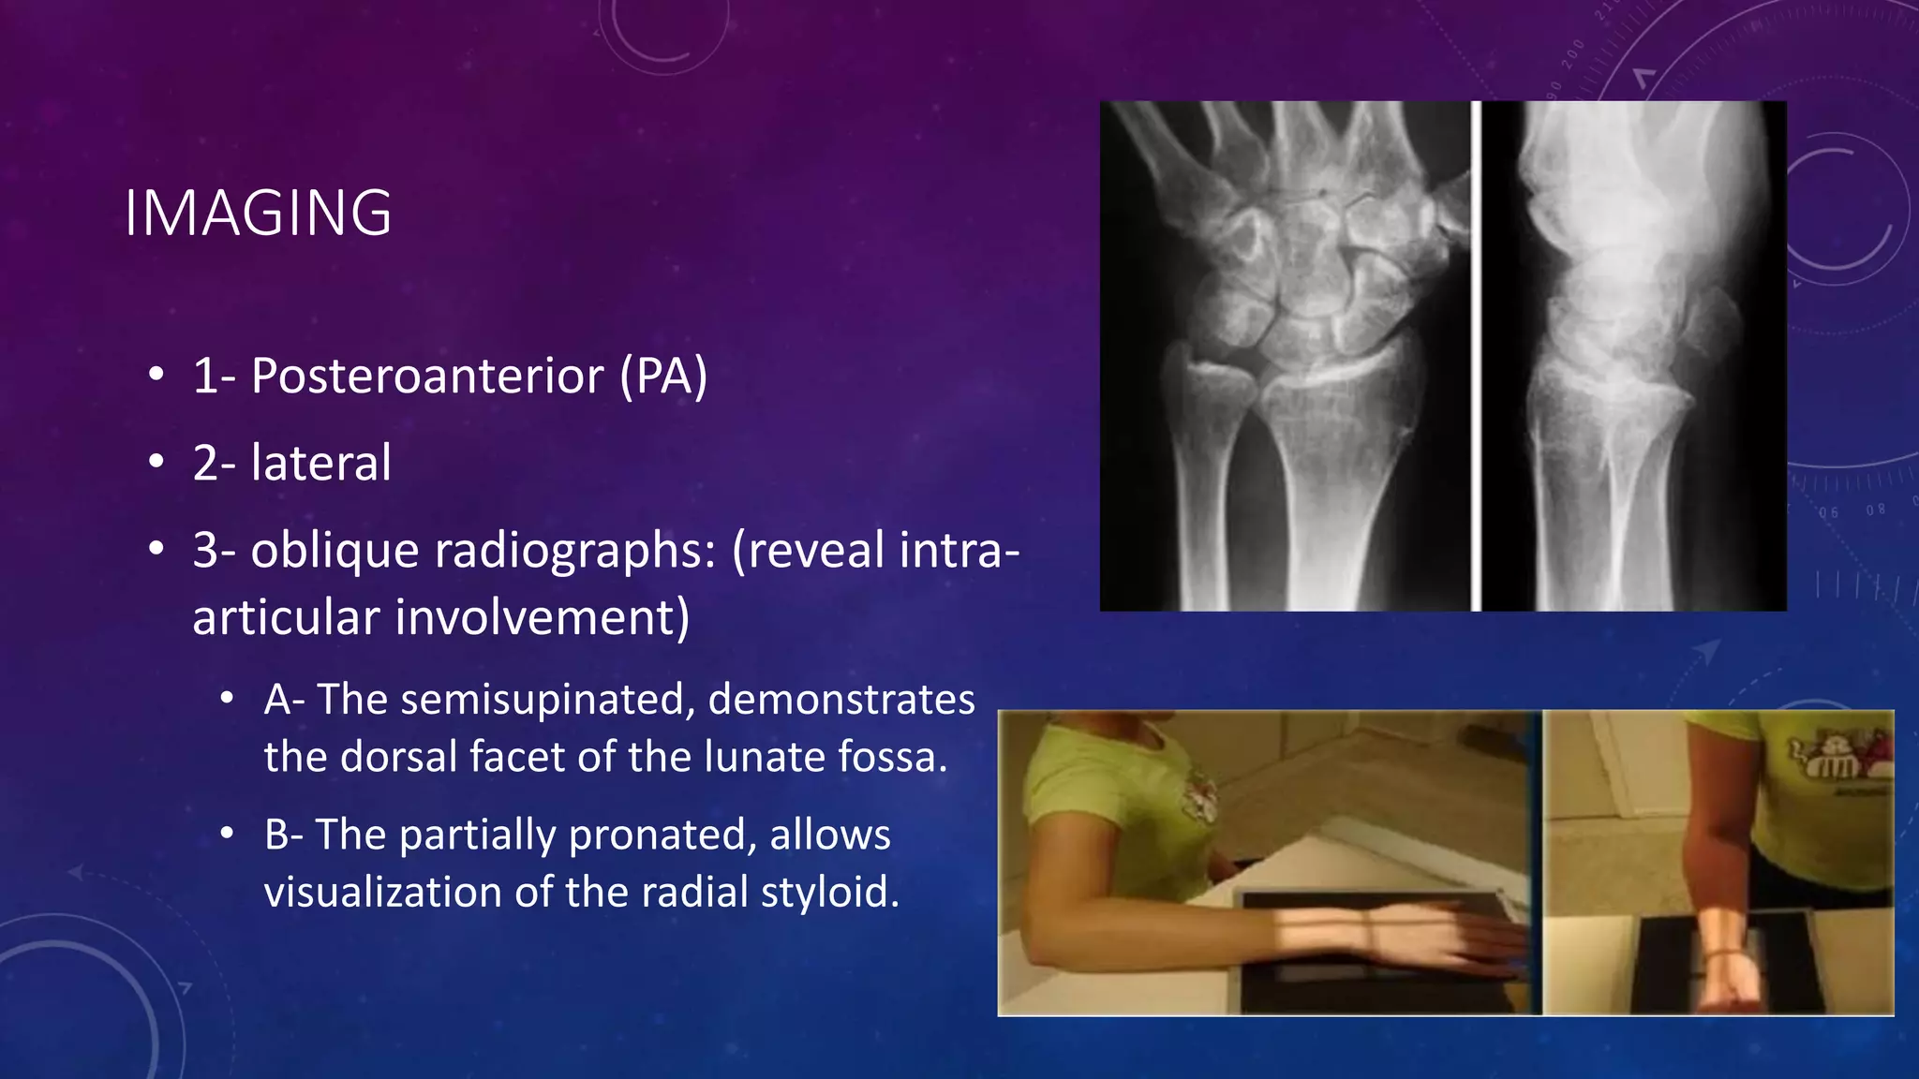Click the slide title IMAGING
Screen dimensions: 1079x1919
[258, 214]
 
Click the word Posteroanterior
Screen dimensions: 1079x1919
[426, 377]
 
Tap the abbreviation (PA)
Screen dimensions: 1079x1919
[663, 377]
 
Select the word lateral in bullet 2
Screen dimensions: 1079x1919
[320, 464]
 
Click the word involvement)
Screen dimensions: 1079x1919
[542, 618]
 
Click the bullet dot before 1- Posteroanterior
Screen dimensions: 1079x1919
[156, 376]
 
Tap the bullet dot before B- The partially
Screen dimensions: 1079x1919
[227, 834]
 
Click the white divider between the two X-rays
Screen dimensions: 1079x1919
[1476, 356]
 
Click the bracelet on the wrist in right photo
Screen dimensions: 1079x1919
[1722, 955]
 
